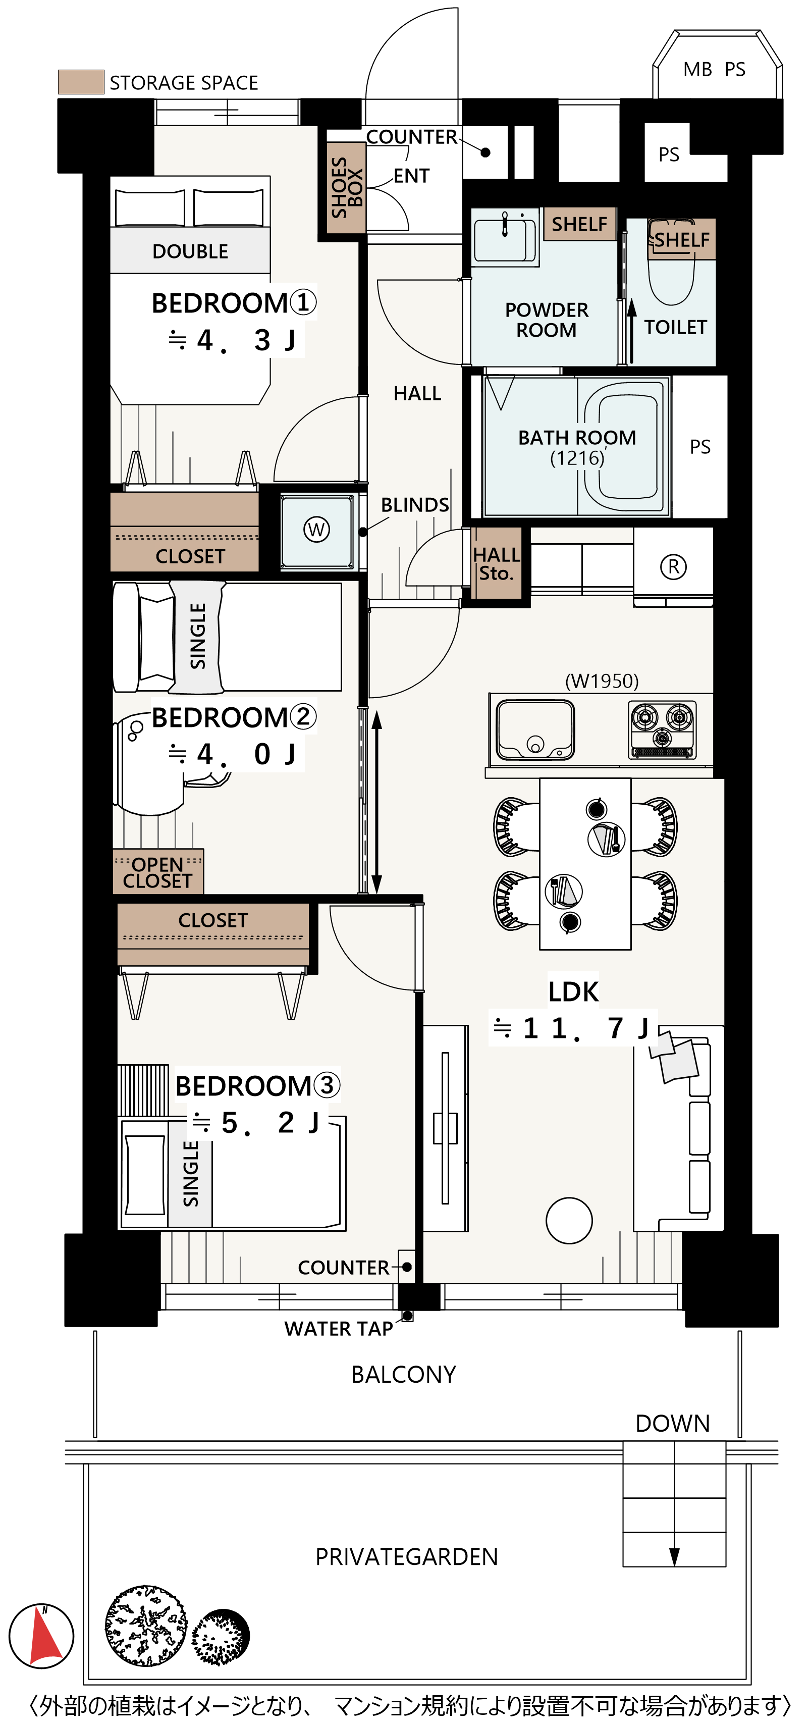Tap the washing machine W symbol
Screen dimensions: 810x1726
tap(316, 530)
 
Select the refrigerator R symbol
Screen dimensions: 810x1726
tap(673, 567)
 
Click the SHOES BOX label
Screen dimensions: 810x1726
tap(346, 187)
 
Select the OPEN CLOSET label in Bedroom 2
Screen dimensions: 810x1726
tap(158, 872)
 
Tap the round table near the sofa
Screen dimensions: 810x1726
tap(569, 1220)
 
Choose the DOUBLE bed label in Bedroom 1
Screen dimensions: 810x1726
tap(190, 251)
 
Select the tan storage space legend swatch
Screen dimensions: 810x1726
tap(81, 82)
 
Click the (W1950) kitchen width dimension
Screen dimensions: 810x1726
tap(602, 681)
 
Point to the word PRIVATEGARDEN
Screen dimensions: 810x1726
tap(407, 1556)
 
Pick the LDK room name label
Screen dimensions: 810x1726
tap(573, 991)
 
